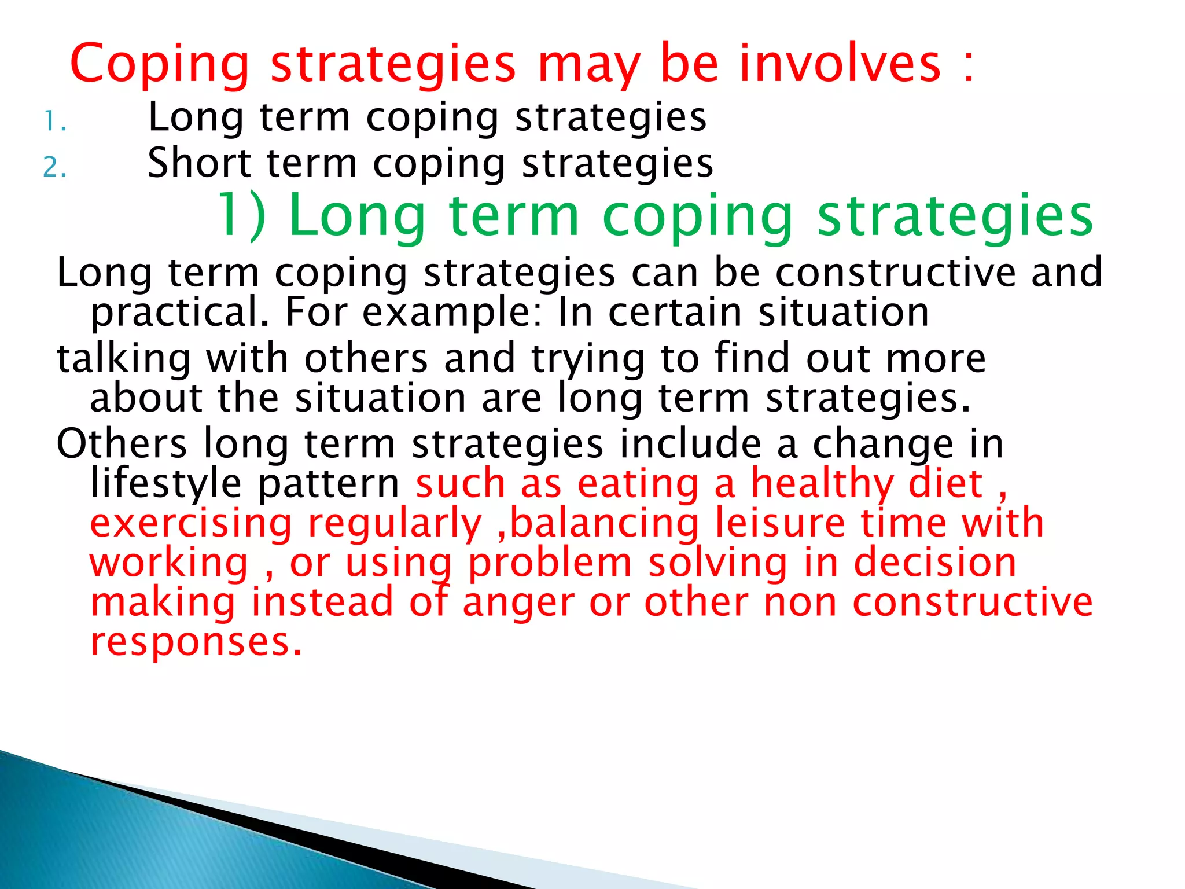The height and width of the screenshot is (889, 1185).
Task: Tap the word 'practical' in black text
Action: point(179,313)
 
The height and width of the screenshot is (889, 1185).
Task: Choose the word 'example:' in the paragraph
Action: point(452,313)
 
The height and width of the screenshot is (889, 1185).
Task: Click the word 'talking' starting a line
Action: point(123,358)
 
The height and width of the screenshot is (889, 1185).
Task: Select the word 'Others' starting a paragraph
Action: point(122,444)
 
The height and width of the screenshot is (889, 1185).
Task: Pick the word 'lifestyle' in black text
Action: point(165,483)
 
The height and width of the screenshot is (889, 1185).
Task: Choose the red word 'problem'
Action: point(550,563)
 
